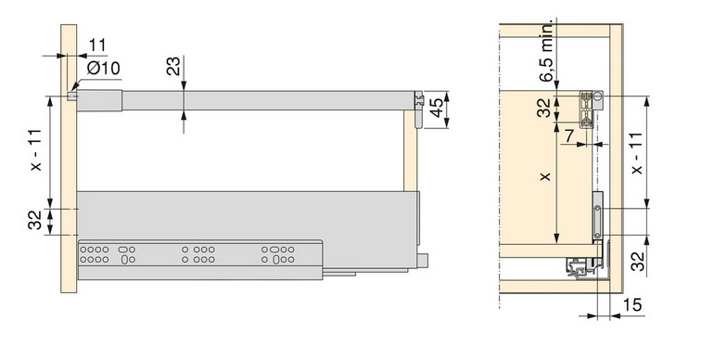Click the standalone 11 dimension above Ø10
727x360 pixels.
click(x=97, y=45)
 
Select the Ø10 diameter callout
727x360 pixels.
click(x=104, y=69)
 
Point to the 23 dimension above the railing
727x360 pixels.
click(x=172, y=66)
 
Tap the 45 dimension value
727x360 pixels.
click(x=436, y=108)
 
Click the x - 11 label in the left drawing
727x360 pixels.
click(x=35, y=149)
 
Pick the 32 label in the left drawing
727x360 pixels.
click(x=35, y=220)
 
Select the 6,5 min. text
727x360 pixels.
click(x=547, y=51)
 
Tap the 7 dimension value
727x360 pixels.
click(x=569, y=135)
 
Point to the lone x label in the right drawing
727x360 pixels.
click(x=545, y=176)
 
